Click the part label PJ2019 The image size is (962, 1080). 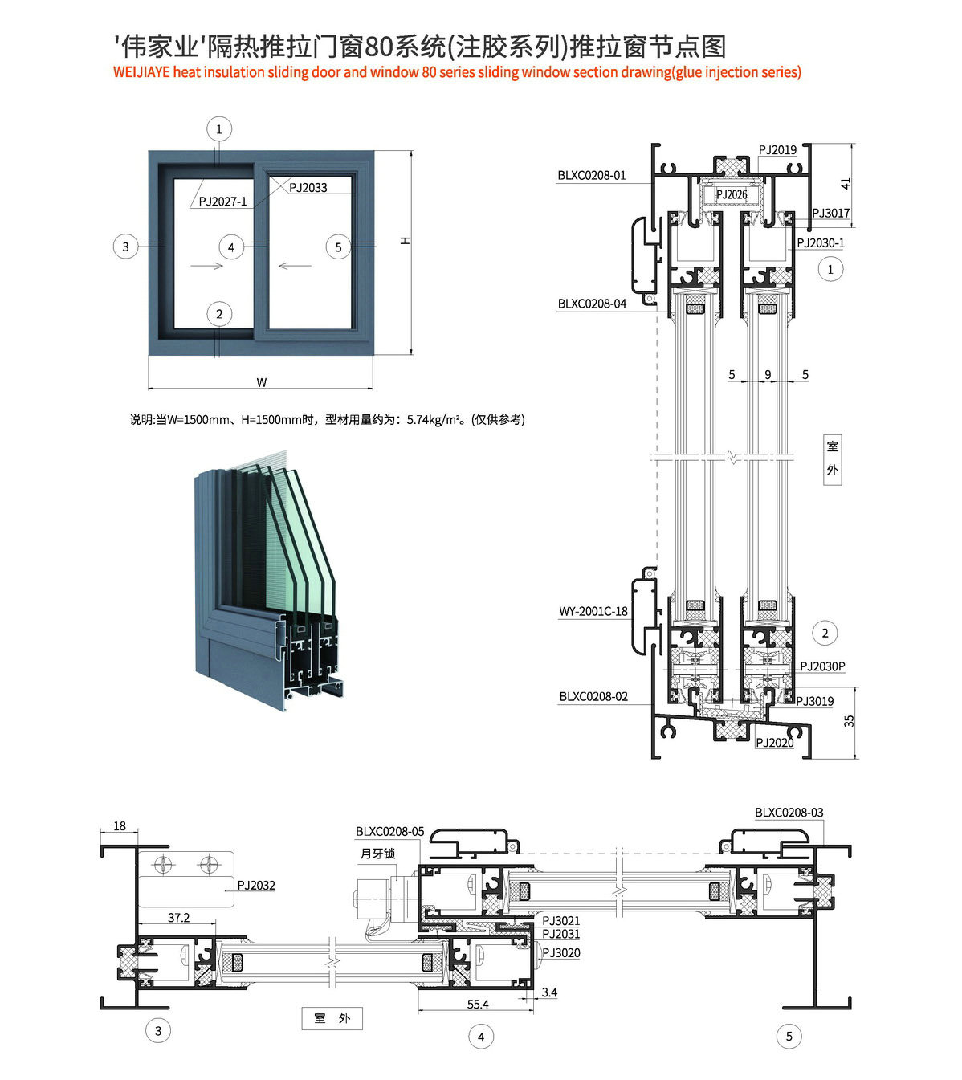[x=777, y=150]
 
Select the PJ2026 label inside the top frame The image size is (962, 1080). [x=731, y=194]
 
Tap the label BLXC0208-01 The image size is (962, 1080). [x=592, y=175]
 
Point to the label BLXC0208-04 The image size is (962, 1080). [x=592, y=304]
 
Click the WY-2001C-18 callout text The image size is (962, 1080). [x=593, y=611]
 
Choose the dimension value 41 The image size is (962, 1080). [x=845, y=184]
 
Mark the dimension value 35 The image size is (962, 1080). [x=849, y=721]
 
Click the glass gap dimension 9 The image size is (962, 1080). [x=768, y=375]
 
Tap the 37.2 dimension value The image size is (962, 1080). [x=179, y=918]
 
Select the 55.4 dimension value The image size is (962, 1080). [x=478, y=1005]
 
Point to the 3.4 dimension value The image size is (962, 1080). [x=549, y=993]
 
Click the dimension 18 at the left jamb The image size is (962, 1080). [x=120, y=826]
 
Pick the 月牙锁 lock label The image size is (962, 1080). [x=377, y=854]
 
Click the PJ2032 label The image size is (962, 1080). [x=256, y=886]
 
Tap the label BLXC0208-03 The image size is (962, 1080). [x=789, y=813]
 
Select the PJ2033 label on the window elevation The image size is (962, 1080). [x=308, y=188]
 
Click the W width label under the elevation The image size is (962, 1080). [x=261, y=382]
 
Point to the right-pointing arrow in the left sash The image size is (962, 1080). [x=207, y=266]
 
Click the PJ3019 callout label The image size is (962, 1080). [x=815, y=701]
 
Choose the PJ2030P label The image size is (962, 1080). [x=822, y=666]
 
